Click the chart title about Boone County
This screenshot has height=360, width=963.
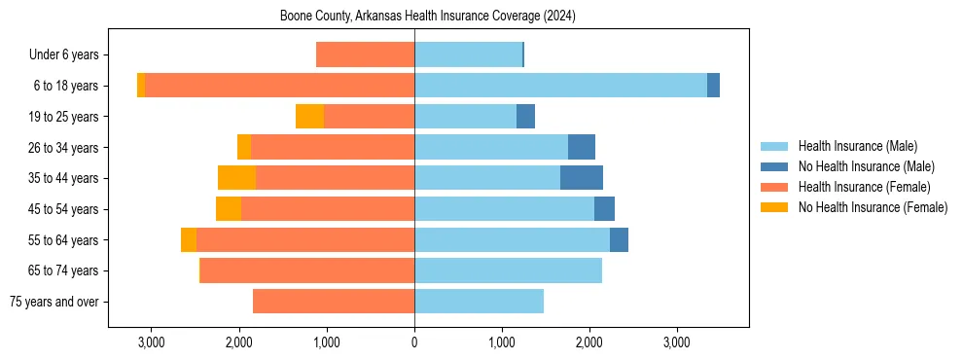point(428,17)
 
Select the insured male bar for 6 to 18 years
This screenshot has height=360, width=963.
point(560,86)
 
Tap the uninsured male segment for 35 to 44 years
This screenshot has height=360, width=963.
point(582,178)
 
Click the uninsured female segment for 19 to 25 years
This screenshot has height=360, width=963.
point(309,117)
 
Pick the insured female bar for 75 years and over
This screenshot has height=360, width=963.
point(334,302)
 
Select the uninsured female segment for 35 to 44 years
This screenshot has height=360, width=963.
point(236,178)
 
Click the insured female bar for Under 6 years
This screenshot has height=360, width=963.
point(365,54)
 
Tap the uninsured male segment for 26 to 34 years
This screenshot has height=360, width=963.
point(582,147)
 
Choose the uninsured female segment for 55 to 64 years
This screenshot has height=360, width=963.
point(189,239)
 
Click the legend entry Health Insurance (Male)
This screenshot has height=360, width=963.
point(857,146)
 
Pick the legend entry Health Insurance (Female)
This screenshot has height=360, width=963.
point(864,187)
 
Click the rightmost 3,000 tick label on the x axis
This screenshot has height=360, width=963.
point(677,342)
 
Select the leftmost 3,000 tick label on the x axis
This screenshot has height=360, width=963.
point(152,342)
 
